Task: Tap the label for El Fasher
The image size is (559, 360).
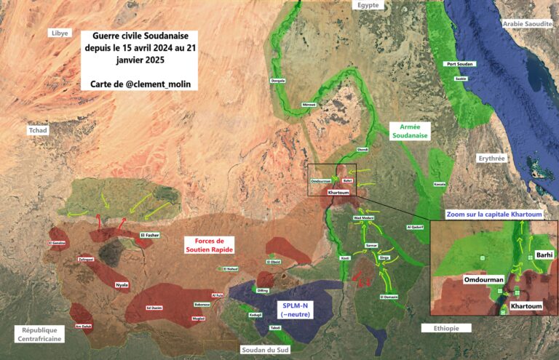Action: click(x=149, y=235)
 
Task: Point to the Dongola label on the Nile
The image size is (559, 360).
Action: click(x=277, y=80)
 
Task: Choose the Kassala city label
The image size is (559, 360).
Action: click(x=440, y=185)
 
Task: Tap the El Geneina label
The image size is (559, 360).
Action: click(x=58, y=242)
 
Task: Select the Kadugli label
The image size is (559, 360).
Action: click(x=255, y=315)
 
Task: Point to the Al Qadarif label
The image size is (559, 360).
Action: click(x=414, y=227)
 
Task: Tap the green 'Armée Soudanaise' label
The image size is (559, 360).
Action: click(x=410, y=130)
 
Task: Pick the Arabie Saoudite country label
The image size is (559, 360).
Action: click(x=528, y=24)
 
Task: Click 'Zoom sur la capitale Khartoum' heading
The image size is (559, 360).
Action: click(x=493, y=214)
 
